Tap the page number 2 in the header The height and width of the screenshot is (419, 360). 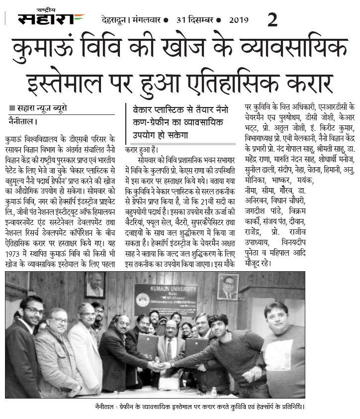[272, 19]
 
